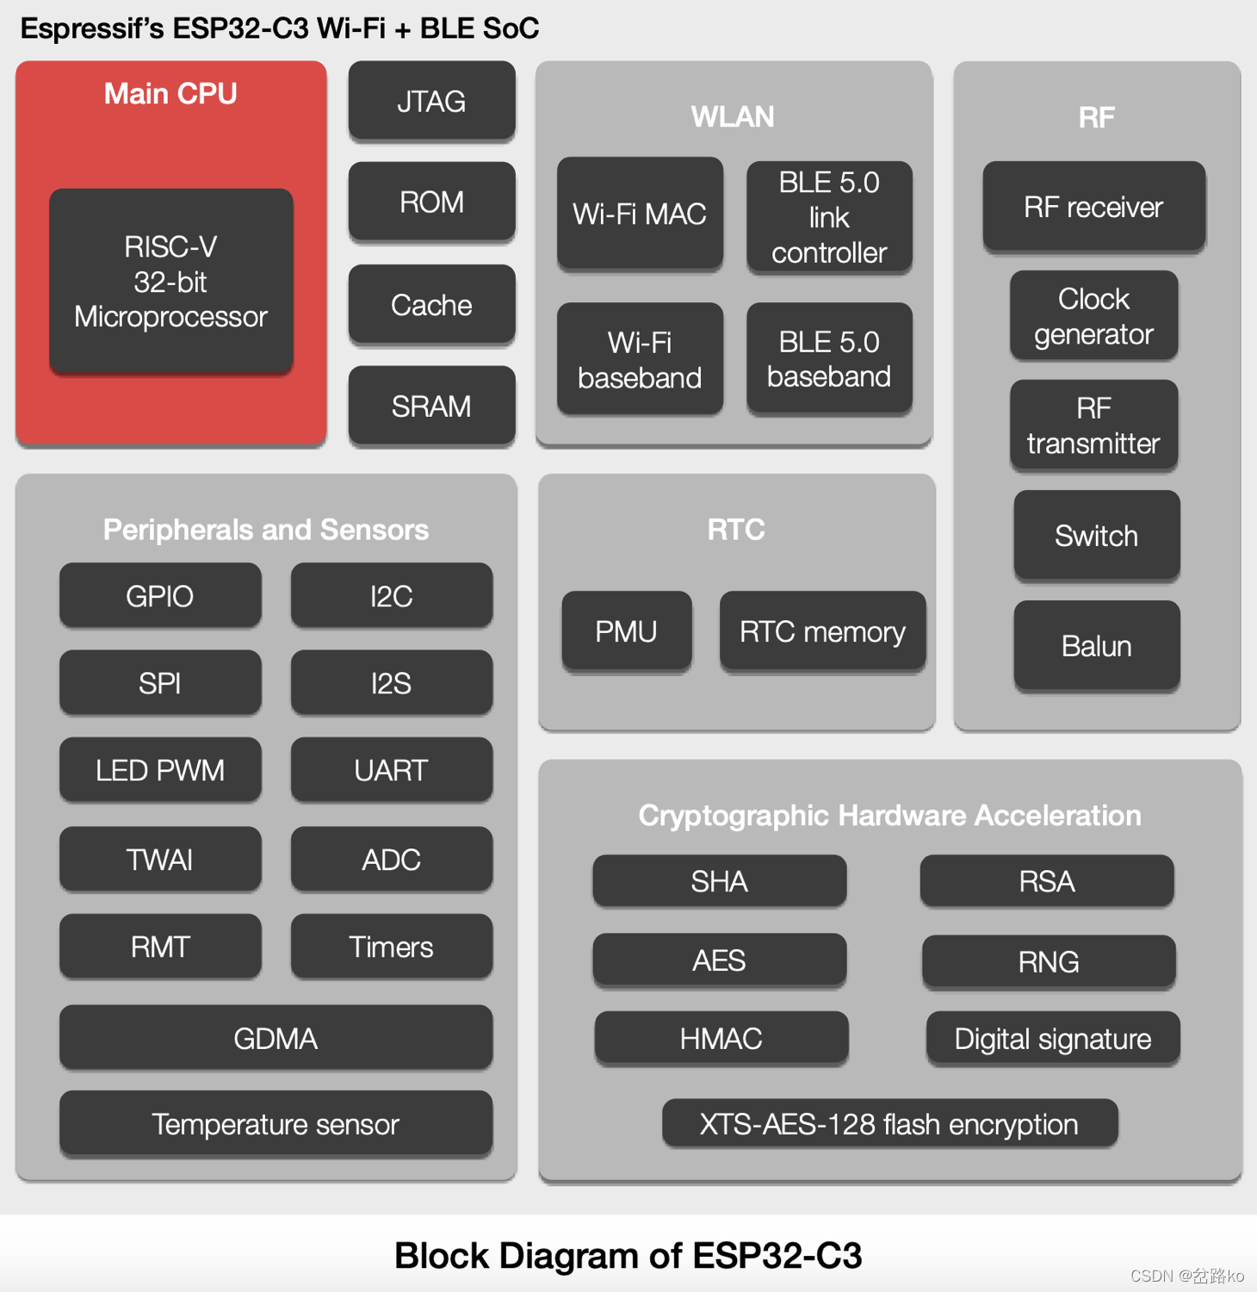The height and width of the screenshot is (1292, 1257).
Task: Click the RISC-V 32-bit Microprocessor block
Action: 170,282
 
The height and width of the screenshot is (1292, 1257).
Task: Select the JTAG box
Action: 431,102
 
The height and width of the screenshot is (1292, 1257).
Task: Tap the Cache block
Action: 431,305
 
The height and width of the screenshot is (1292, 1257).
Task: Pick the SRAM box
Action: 431,406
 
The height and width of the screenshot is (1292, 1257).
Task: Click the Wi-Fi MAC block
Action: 640,214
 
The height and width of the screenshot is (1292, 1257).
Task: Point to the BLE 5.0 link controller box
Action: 829,217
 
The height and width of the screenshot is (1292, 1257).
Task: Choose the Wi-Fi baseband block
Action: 640,359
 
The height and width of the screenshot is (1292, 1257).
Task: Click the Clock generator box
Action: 1093,316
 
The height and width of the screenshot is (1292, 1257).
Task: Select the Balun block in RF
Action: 1096,645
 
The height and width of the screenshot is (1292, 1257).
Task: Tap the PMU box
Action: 626,631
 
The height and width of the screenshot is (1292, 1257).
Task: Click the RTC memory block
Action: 822,631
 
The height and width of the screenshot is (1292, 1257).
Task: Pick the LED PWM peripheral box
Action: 160,769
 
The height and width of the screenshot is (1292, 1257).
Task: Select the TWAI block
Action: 160,859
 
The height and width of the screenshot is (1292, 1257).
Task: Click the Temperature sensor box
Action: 276,1123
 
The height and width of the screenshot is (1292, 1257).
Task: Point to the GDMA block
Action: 276,1038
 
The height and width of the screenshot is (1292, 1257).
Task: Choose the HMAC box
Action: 721,1038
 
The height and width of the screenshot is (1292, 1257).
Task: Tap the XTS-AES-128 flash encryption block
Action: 889,1123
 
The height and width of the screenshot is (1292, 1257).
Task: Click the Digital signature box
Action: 1052,1038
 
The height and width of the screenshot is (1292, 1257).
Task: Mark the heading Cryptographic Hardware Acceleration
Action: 889,815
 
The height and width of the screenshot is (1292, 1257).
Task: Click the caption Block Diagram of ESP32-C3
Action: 628,1255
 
